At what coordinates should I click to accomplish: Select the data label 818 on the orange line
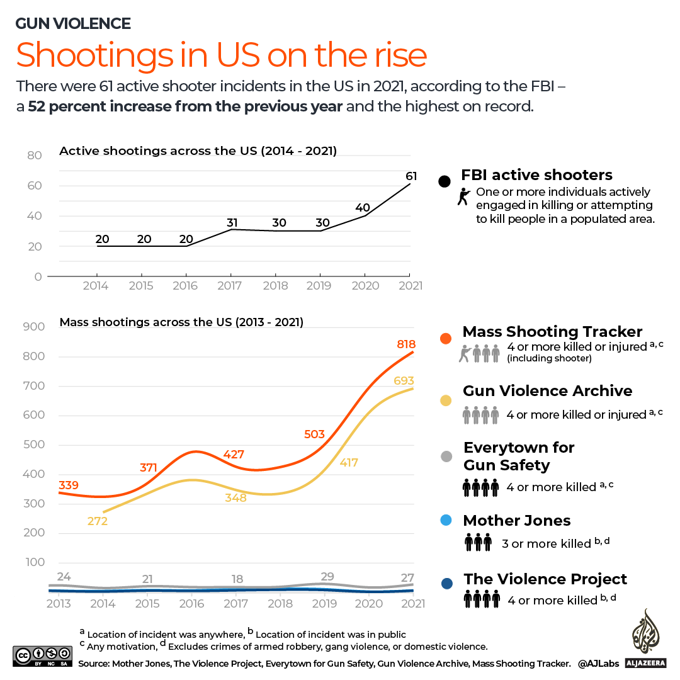[406, 344]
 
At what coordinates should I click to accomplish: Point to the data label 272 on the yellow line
[98, 521]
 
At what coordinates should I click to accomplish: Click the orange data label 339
[69, 485]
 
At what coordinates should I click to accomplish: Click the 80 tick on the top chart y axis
[35, 156]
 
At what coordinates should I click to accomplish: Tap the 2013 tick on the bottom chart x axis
[59, 603]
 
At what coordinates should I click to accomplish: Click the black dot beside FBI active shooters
[445, 181]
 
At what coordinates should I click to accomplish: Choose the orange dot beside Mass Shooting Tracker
[446, 338]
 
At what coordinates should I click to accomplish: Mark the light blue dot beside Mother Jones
[446, 520]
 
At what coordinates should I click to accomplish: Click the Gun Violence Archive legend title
[547, 391]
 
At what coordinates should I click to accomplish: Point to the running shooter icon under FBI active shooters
[464, 197]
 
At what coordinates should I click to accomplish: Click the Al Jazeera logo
[644, 638]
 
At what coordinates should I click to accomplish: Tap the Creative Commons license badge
[42, 656]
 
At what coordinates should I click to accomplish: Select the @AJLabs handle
[599, 663]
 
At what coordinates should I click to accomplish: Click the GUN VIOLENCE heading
[73, 24]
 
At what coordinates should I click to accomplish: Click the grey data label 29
[327, 577]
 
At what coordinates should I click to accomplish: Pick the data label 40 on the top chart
[363, 208]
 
